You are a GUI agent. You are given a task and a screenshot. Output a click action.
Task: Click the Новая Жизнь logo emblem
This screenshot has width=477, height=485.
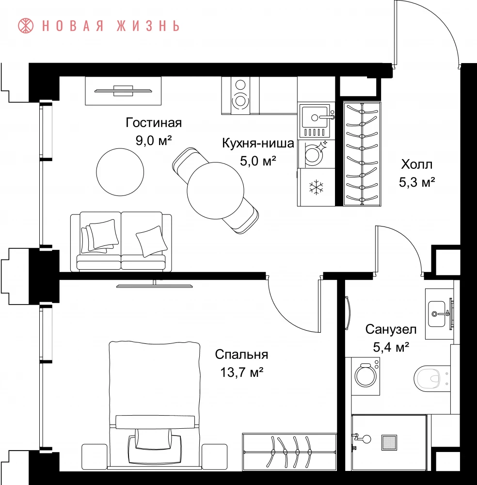[26, 26]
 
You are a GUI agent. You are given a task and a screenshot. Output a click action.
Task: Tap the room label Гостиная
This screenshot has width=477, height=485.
[154, 123]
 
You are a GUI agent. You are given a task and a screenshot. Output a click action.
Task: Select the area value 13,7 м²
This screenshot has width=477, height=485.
[241, 372]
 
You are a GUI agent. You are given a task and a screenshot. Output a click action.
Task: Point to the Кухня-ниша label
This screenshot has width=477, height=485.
[258, 143]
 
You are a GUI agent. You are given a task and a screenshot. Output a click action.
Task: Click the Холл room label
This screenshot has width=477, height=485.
[417, 164]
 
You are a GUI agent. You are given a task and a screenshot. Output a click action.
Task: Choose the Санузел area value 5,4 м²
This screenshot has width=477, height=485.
[391, 347]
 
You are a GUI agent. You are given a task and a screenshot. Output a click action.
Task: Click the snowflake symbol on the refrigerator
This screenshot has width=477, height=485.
[316, 187]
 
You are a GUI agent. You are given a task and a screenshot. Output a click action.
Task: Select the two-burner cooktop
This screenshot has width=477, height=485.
[240, 96]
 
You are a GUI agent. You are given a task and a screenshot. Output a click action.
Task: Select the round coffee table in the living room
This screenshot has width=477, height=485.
[120, 172]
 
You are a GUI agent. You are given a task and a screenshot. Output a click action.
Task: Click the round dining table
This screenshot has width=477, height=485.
[215, 191]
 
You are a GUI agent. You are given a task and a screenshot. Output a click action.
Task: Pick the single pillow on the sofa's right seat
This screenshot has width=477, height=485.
[151, 241]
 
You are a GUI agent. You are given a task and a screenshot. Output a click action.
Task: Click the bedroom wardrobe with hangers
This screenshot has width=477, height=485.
[289, 452]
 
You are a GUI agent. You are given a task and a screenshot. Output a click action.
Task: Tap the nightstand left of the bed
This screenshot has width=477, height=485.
[94, 457]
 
